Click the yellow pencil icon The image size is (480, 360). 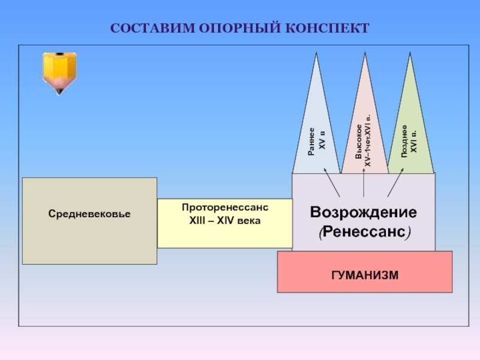click(x=59, y=71)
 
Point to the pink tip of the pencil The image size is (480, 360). click(x=59, y=91)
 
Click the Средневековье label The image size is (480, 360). click(x=90, y=214)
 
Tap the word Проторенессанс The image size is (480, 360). click(x=225, y=207)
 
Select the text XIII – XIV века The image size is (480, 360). click(x=225, y=220)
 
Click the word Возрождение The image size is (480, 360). click(x=364, y=212)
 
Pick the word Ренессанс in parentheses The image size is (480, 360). click(x=364, y=232)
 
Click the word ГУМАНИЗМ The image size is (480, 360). click(x=364, y=274)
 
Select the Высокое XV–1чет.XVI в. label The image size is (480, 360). click(x=364, y=141)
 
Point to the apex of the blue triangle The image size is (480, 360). click(x=316, y=53)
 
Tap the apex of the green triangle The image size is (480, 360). click(x=410, y=54)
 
